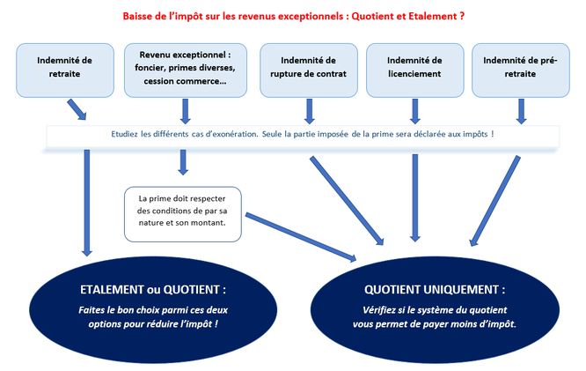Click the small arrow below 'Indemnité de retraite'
click(77, 108)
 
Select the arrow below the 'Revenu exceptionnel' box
click(185, 110)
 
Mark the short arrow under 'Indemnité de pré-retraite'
click(521, 110)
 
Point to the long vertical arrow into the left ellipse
click(87, 203)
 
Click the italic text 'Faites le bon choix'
click(152, 316)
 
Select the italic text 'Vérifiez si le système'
click(434, 316)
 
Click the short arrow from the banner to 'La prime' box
click(183, 161)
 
